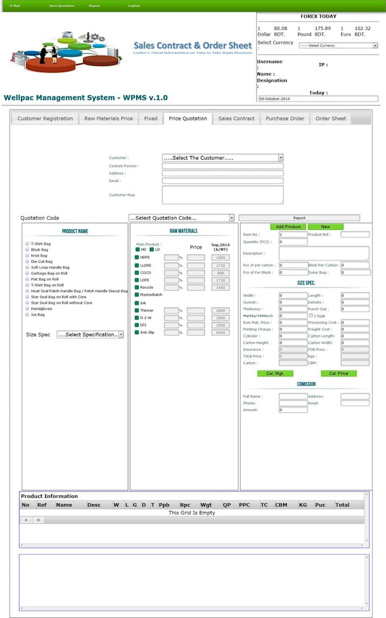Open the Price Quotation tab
[x=187, y=119]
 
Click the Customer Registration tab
[x=45, y=119]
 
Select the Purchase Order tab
[x=285, y=119]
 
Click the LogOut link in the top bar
[x=133, y=6]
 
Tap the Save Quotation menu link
[x=62, y=6]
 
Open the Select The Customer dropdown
[x=222, y=158]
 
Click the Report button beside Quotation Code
[x=299, y=218]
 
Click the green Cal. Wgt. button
[x=275, y=373]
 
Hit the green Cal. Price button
[x=338, y=373]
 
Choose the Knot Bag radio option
[x=28, y=255]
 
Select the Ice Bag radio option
[x=28, y=314]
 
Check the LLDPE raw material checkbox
[x=137, y=265]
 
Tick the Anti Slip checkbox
[x=137, y=332]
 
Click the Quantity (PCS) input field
[x=292, y=242]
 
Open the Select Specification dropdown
[x=90, y=335]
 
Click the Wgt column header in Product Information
[x=205, y=505]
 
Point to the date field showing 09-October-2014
[x=317, y=98]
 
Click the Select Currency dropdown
[x=338, y=45]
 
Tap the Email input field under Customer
[x=222, y=181]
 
